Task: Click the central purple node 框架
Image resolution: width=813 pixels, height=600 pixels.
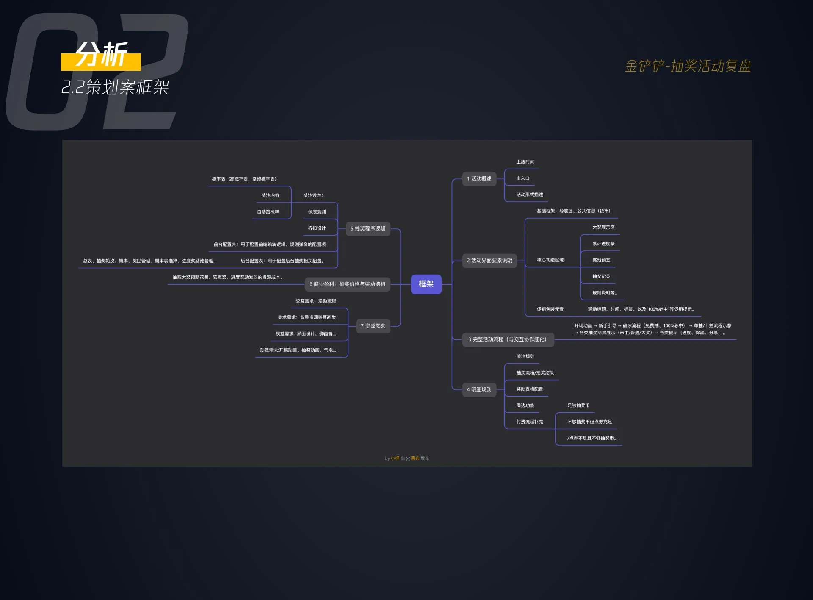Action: click(x=426, y=284)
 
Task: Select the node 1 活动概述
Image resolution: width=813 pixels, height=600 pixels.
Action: click(x=479, y=179)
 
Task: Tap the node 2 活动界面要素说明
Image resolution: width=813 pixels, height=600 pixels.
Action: click(x=489, y=261)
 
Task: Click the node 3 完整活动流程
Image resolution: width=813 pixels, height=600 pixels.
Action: click(x=507, y=339)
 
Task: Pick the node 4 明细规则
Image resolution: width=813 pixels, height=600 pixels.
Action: click(x=479, y=389)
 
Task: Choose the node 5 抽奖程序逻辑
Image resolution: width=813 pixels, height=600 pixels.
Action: click(x=368, y=228)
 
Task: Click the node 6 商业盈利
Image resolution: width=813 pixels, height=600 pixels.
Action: click(x=347, y=284)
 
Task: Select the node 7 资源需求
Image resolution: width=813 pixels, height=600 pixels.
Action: click(x=373, y=326)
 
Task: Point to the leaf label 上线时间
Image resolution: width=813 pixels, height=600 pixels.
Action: click(x=525, y=162)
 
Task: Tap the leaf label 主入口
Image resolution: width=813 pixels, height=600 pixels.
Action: click(x=523, y=178)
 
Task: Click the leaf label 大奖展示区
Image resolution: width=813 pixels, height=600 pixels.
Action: click(x=603, y=228)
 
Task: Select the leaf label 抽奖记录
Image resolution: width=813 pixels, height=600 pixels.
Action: click(x=601, y=276)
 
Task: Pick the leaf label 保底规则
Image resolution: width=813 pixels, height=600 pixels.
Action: click(x=317, y=211)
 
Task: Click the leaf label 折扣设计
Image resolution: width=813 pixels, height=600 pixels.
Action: click(x=317, y=228)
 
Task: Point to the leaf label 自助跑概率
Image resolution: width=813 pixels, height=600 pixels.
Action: click(x=268, y=211)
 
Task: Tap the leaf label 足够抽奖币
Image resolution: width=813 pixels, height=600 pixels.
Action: click(x=578, y=406)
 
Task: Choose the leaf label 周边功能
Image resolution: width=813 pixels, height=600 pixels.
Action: click(x=525, y=406)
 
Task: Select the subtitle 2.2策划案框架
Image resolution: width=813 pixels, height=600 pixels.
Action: click(x=115, y=87)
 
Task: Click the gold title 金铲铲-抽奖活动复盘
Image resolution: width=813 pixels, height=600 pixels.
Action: click(x=688, y=66)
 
